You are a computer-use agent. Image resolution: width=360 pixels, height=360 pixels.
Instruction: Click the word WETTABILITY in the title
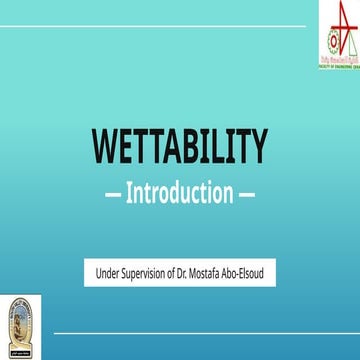[180, 147]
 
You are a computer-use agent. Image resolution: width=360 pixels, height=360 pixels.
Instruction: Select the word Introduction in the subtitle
[180, 192]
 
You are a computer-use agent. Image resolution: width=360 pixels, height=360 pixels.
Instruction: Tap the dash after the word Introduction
[247, 193]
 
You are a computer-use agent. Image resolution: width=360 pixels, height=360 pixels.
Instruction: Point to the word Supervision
[152, 272]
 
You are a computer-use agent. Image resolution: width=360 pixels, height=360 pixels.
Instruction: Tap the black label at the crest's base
[20, 351]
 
